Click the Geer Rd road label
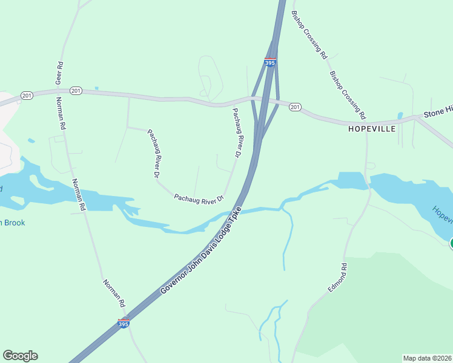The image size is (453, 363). (59, 72)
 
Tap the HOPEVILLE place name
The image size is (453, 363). (372, 129)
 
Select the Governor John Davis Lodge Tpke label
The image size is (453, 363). (202, 251)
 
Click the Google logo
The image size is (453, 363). (20, 356)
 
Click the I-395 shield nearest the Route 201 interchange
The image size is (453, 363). (270, 62)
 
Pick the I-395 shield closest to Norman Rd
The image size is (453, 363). (124, 323)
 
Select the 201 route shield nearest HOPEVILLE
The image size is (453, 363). (295, 107)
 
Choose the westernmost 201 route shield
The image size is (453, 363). (26, 96)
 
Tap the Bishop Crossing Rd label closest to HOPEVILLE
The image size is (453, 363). (348, 94)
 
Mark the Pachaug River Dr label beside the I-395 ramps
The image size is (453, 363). (237, 133)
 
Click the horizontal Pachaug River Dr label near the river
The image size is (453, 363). (199, 198)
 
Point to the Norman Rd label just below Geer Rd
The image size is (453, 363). (61, 114)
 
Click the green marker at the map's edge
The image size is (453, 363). (451, 244)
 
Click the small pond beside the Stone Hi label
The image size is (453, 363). (400, 116)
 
